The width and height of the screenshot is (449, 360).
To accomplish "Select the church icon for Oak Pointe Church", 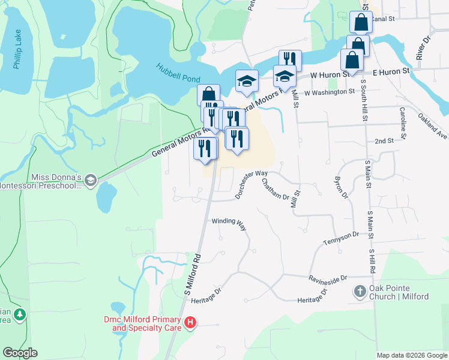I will pos(360,292).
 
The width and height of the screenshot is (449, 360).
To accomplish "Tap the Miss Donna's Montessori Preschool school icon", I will pos(90,180).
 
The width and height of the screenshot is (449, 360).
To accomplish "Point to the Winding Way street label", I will pos(229,222).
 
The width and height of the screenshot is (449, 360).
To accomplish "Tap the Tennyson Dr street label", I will pos(340,238).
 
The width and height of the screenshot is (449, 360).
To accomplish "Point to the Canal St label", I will pos(382,19).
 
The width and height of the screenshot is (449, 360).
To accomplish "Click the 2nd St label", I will pos(384,140).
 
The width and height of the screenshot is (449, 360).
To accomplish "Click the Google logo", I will pos(20,353).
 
